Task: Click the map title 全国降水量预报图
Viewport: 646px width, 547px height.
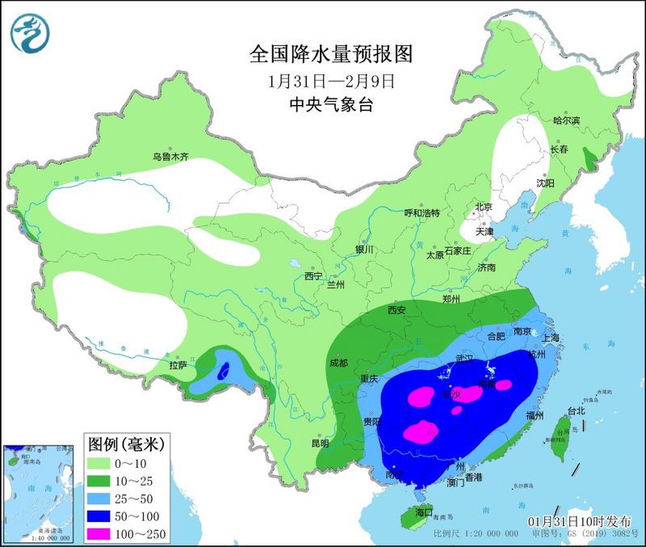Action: point(331,54)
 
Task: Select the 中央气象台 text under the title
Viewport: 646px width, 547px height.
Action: point(331,104)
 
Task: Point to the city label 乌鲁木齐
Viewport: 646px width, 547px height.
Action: point(170,156)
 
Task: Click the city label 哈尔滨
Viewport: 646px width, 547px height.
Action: point(566,120)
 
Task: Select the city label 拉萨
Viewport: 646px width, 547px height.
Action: point(178,365)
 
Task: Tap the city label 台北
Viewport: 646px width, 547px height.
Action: point(577,410)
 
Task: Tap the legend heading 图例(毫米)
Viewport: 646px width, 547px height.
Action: point(125,443)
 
